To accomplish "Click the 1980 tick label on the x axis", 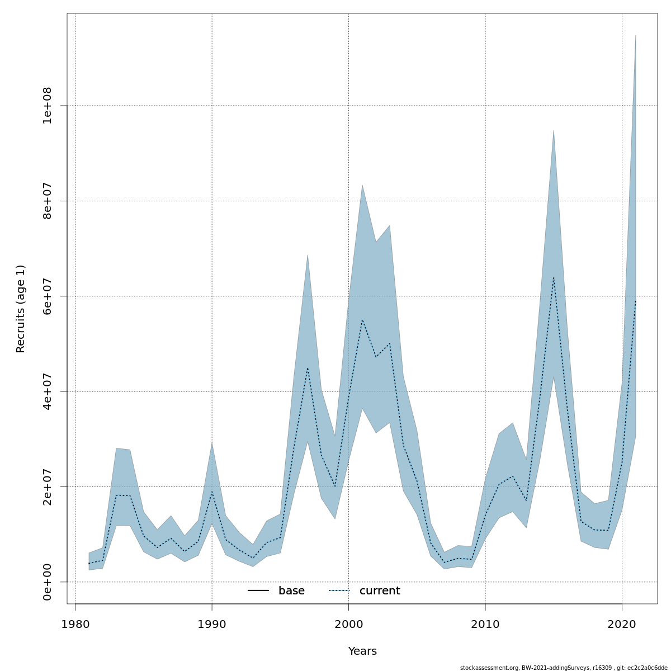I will click(75, 624).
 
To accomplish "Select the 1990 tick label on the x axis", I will click(212, 624).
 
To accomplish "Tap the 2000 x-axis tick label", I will click(348, 624).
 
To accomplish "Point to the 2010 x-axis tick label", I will click(485, 624).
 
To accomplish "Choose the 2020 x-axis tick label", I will click(622, 624).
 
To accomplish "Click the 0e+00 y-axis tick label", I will click(47, 582).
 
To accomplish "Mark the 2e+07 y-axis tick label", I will click(47, 486).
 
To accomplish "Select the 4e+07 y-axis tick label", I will click(47, 391).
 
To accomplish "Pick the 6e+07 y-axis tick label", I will click(47, 296).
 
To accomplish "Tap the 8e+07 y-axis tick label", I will click(47, 201).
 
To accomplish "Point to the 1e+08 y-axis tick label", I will click(47, 106).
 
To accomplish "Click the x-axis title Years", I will click(362, 651).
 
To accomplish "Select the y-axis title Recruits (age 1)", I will click(21, 309).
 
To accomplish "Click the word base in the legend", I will click(291, 591).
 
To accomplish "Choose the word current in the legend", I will click(380, 591).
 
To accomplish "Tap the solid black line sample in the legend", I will click(258, 591).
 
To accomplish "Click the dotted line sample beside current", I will click(339, 591).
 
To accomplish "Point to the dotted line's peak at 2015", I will click(554, 278).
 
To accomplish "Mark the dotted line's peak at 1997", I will click(308, 368).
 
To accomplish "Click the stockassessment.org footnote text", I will click(564, 668).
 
